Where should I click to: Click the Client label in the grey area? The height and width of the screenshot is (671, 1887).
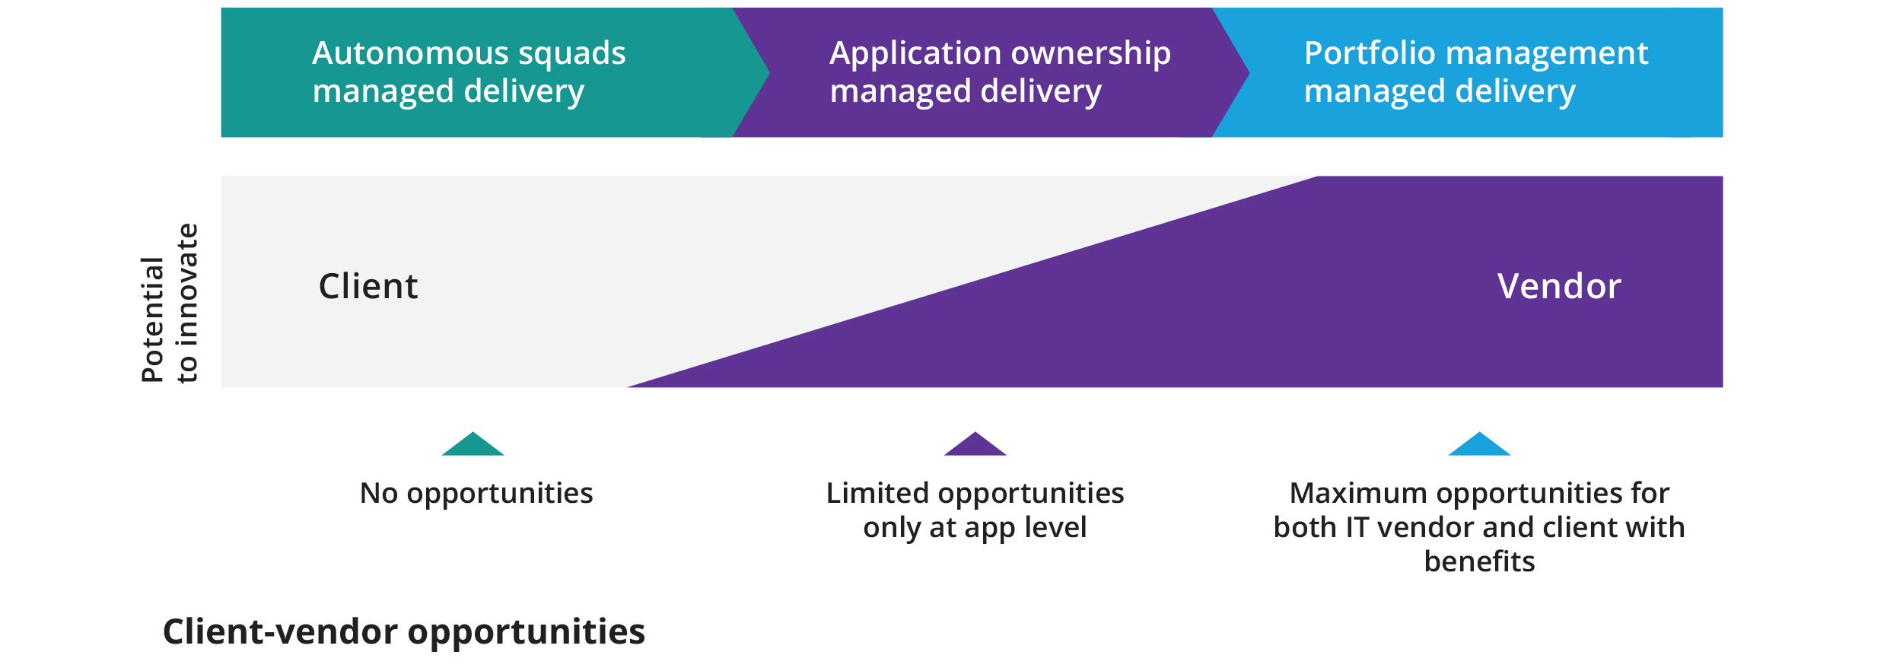[368, 287]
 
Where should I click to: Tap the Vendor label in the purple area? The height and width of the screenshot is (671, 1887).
[1559, 287]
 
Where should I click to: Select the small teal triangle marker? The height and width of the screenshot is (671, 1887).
[473, 446]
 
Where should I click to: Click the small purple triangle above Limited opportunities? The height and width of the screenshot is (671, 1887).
[975, 446]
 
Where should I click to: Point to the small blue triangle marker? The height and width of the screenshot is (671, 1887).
[1478, 446]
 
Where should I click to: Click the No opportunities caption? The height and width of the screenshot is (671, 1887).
[476, 494]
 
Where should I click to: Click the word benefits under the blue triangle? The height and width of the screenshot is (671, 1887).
[1478, 561]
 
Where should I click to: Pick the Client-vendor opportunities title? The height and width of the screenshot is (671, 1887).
[403, 631]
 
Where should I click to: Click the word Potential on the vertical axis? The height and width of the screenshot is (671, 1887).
[152, 320]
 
